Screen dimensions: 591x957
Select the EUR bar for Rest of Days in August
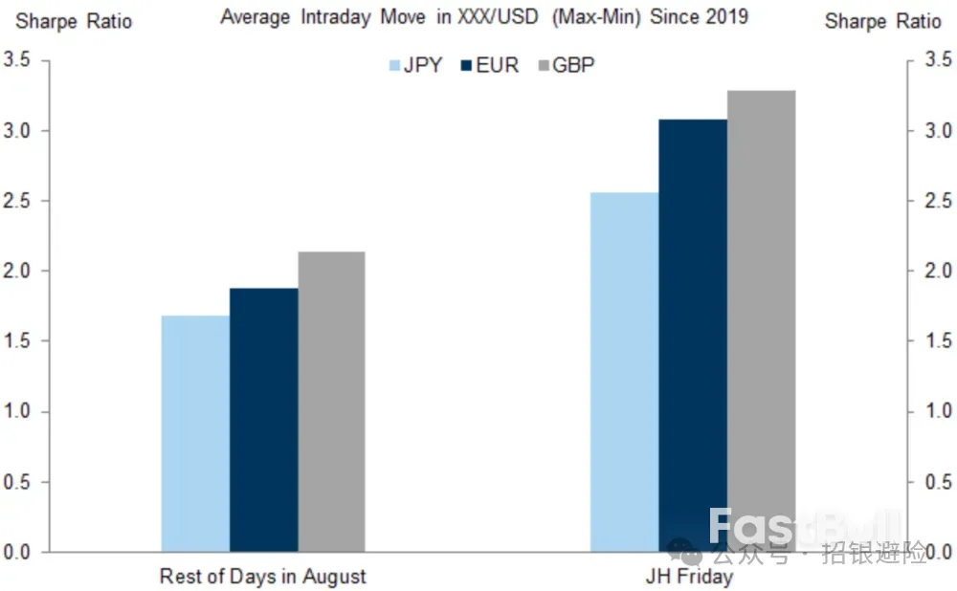[x=264, y=421]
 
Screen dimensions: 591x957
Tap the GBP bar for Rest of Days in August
[x=332, y=403]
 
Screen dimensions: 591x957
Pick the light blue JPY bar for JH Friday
[x=624, y=373]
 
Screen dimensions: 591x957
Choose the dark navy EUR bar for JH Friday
[x=693, y=336]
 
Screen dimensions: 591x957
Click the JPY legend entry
[x=416, y=66]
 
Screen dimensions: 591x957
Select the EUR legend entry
[x=491, y=66]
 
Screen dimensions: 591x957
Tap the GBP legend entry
[x=568, y=66]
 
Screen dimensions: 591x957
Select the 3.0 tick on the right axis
[x=933, y=131]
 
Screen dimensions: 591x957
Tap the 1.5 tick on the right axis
[x=933, y=341]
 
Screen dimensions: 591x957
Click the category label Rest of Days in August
[x=263, y=577]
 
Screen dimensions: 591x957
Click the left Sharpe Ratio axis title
[x=74, y=20]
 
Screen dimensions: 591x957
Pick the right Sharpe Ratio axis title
[x=883, y=20]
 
